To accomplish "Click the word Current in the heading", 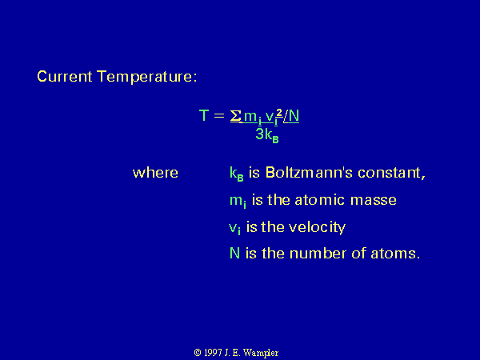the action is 64,76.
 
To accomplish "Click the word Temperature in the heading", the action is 146,77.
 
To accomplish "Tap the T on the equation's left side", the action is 204,115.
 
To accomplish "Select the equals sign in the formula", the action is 219,116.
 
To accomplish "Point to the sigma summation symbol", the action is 236,116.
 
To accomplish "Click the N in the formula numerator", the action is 294,116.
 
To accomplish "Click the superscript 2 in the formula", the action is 279,112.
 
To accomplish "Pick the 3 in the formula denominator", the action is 259,134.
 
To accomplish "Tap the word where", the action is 155,173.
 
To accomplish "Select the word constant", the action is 391,174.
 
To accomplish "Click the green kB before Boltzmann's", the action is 237,174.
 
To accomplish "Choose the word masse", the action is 374,200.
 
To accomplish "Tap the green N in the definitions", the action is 234,254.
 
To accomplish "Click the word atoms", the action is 395,254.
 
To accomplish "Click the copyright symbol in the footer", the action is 198,353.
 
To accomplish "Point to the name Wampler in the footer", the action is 261,354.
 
